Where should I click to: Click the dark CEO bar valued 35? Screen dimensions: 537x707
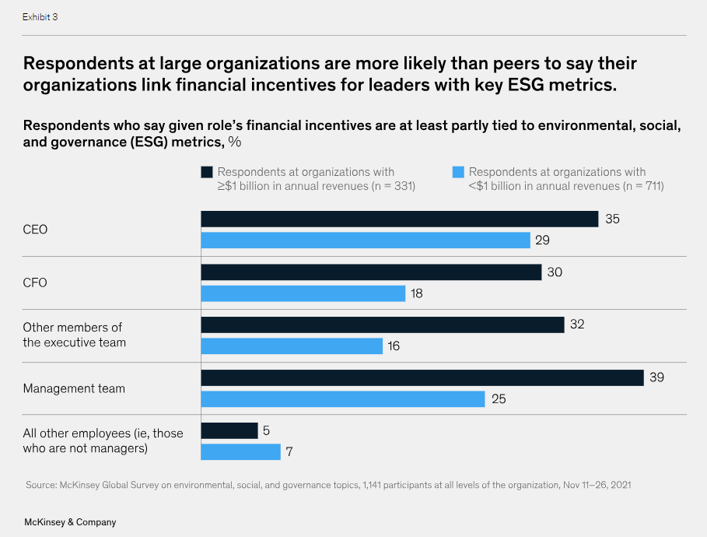click(x=399, y=219)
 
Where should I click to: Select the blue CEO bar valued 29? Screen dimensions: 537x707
click(x=366, y=240)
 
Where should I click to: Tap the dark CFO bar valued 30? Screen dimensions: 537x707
click(x=371, y=272)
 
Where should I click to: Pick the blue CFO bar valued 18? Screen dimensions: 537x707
click(x=303, y=293)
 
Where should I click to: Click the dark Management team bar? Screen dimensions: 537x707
click(x=422, y=377)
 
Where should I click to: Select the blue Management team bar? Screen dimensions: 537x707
click(x=343, y=398)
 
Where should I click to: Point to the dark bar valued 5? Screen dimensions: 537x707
click(x=229, y=430)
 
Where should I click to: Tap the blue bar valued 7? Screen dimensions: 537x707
click(x=240, y=451)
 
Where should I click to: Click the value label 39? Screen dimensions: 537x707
click(x=657, y=377)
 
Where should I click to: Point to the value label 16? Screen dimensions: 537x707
click(x=394, y=346)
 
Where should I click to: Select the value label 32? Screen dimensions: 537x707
click(x=576, y=325)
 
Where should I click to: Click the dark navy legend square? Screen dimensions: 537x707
click(x=207, y=172)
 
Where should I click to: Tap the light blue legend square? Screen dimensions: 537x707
click(x=458, y=172)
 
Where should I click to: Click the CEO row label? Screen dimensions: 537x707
click(x=35, y=230)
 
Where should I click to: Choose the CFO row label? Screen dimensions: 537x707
click(x=35, y=283)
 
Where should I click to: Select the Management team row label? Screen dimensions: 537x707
click(x=74, y=388)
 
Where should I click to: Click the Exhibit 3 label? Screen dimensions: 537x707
click(x=40, y=17)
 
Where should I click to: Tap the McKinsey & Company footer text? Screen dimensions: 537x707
click(x=69, y=522)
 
